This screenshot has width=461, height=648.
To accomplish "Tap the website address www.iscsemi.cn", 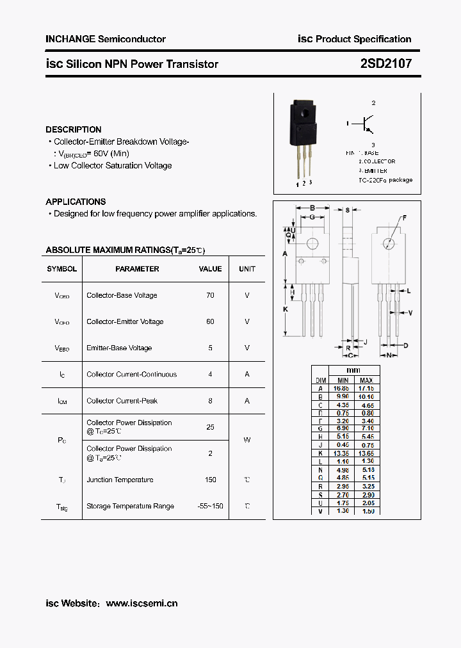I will point(142,603).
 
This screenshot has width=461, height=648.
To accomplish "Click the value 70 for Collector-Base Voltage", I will point(210,295).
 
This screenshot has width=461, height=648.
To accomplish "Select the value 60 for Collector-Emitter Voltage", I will point(210,321).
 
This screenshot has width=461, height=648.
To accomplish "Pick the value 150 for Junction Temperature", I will point(210,480).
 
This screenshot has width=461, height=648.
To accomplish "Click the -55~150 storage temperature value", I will point(210,506).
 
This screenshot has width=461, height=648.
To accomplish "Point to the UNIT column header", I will point(247,269).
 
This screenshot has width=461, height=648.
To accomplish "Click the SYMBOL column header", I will point(62,269).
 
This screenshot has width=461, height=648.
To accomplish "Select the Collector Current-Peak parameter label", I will point(122,401).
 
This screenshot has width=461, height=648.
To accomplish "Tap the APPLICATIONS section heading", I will point(76,201).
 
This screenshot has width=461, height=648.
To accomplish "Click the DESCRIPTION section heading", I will point(74,129).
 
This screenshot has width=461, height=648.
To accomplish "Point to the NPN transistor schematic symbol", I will point(367,123).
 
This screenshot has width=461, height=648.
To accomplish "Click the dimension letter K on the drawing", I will point(286,309).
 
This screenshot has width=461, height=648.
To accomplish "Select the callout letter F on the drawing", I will point(404,219).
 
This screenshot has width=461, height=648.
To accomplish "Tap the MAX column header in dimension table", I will point(366,380).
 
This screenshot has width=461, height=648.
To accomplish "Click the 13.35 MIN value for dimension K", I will point(343,453).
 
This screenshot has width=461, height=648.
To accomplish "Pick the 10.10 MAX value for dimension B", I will point(366,397).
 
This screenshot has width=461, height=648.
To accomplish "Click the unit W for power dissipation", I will point(247,440).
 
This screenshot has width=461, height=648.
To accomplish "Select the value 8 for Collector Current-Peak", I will point(210,401).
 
